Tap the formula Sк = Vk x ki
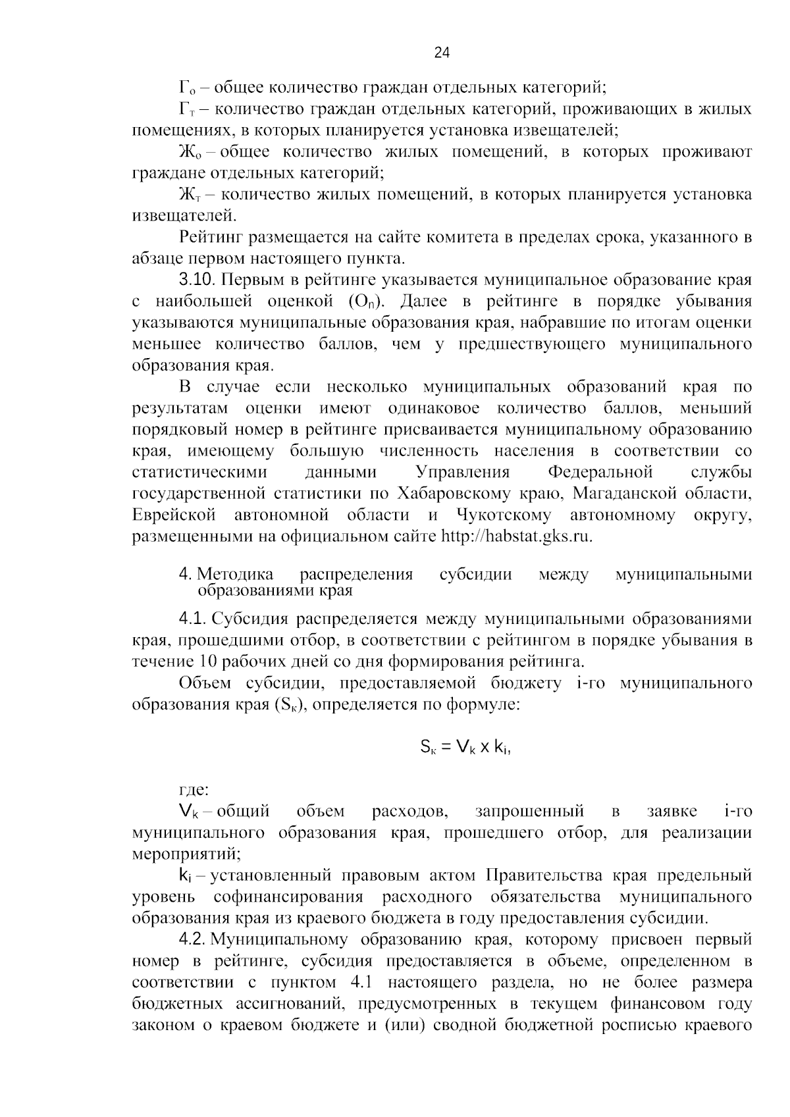coord(465,747)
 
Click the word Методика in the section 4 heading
coord(236,575)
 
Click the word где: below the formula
coord(194,790)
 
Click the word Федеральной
coord(600,473)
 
